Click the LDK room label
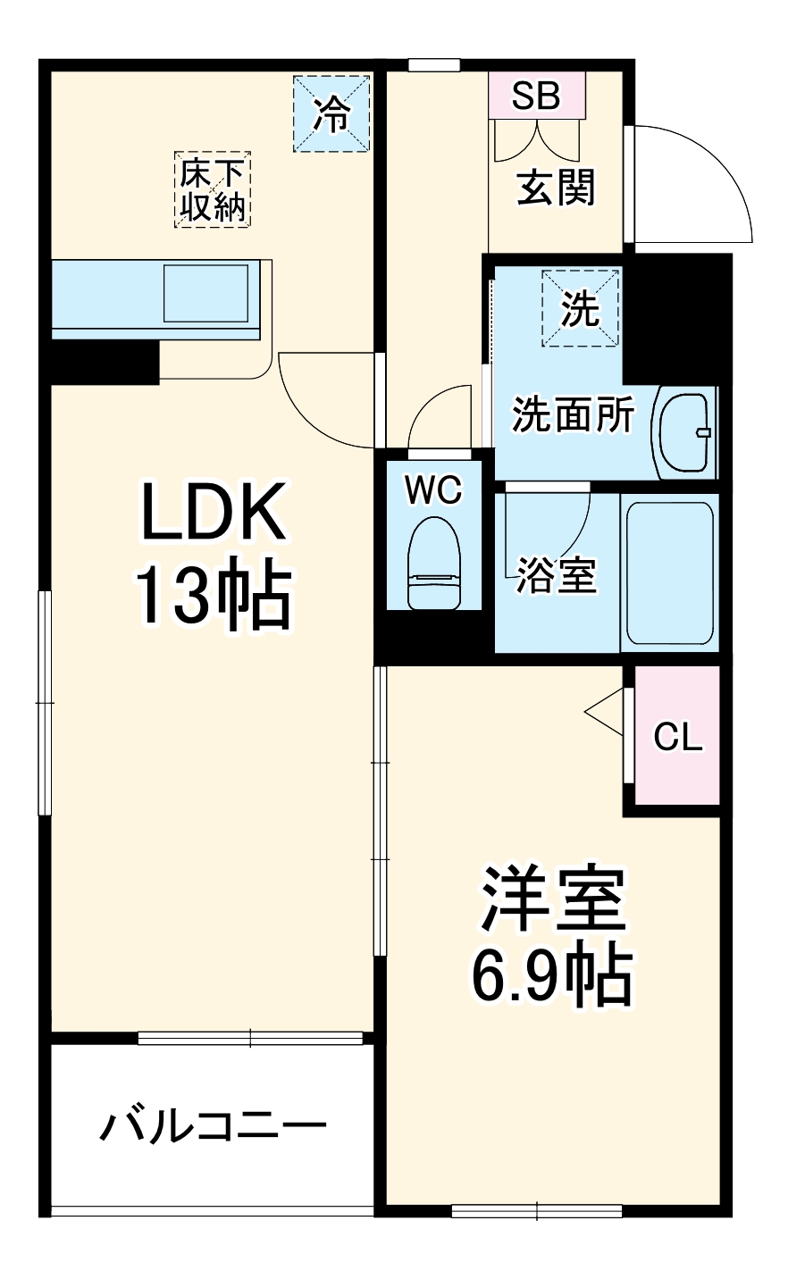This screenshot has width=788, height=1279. (213, 512)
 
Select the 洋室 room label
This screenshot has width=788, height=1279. (551, 898)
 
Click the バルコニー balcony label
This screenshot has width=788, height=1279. (213, 1128)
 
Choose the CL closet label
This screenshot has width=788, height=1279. (678, 738)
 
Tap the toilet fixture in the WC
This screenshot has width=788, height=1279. (432, 563)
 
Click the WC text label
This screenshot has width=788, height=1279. (432, 489)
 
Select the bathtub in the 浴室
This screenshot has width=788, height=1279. (670, 573)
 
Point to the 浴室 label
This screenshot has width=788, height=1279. (556, 577)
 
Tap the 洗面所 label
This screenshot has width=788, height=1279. (572, 414)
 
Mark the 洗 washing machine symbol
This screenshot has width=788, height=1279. (580, 308)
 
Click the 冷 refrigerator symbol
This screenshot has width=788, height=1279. (331, 114)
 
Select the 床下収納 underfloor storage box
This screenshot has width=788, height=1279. (213, 188)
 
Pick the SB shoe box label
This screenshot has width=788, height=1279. (536, 95)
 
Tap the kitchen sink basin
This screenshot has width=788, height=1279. (207, 292)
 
